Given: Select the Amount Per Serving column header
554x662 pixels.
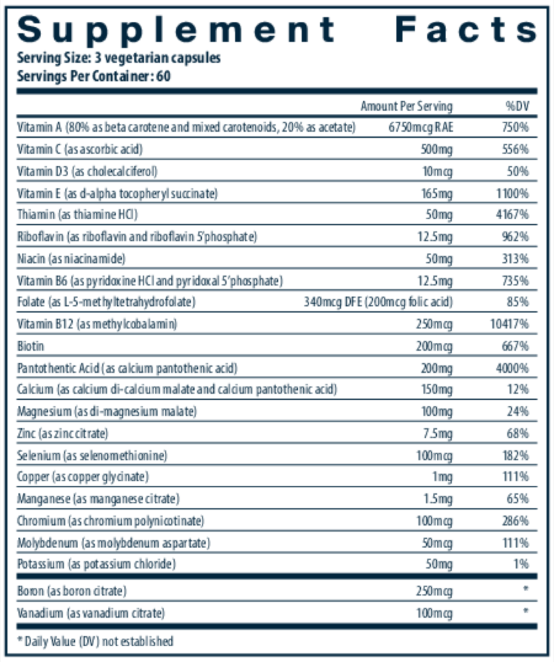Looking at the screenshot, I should tap(406, 106).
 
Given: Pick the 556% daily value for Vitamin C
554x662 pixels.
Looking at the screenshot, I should tap(516, 150).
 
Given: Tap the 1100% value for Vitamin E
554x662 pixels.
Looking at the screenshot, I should tap(514, 193).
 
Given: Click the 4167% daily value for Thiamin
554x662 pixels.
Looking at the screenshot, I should tap(514, 215).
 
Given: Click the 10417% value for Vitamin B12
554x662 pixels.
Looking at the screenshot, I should tap(511, 324).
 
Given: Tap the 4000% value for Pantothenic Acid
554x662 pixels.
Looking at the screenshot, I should tap(514, 368).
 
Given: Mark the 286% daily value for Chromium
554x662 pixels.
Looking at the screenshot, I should tap(516, 521).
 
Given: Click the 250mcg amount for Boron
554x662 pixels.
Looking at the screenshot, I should tap(434, 591).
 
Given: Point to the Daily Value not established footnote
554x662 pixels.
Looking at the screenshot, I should tap(95, 641).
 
